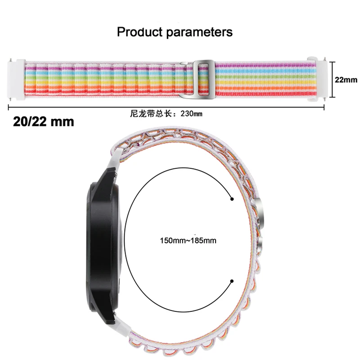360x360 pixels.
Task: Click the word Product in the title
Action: coord(138,32)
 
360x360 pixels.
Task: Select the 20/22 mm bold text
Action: coord(41,121)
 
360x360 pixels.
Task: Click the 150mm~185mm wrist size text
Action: coord(188,241)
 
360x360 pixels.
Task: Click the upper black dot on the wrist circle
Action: coord(232,199)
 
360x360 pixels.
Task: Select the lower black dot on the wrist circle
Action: coord(232,281)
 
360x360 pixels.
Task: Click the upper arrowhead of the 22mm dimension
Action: coord(333,63)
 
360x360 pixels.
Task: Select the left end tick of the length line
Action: coord(9,107)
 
